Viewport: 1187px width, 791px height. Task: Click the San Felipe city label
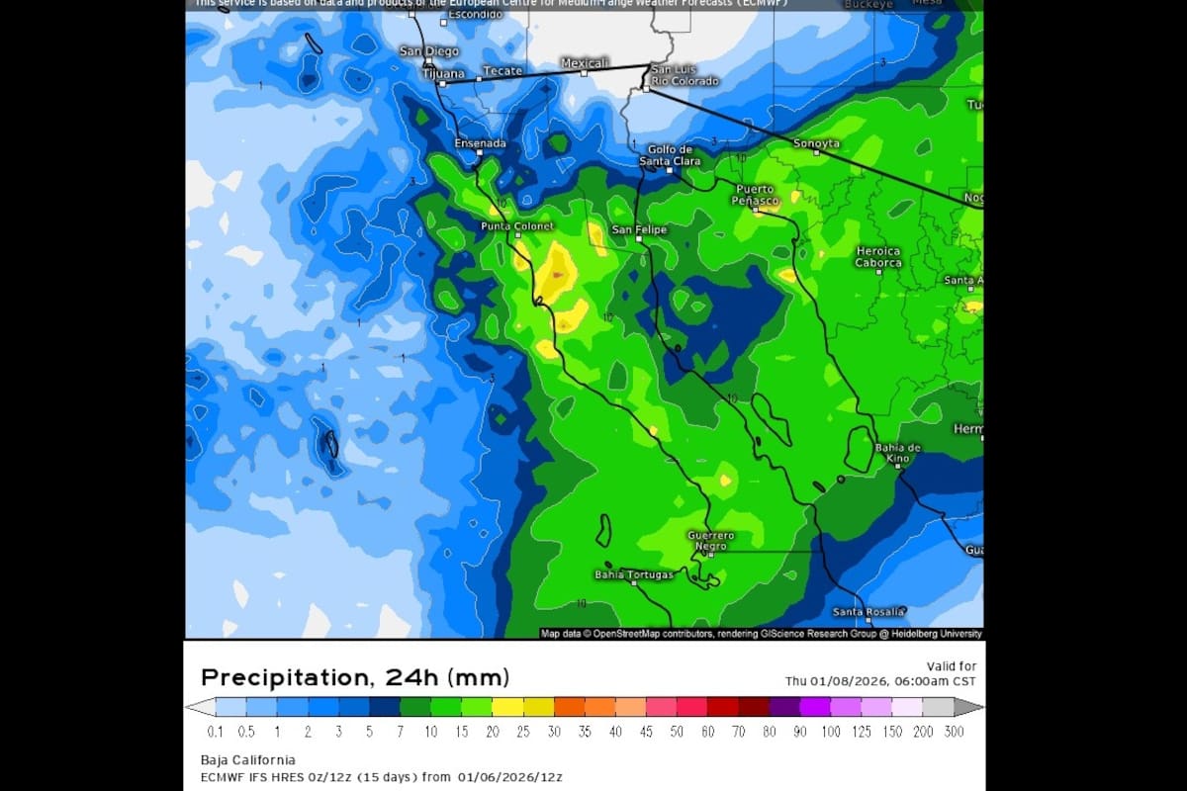(639, 229)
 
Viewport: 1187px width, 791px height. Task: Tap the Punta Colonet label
(516, 226)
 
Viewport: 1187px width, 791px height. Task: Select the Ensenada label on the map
(480, 143)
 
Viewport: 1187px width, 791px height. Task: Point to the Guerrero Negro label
(710, 541)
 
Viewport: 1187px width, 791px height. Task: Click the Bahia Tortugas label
(633, 574)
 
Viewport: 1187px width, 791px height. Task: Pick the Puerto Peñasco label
(757, 195)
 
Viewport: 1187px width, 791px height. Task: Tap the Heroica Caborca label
(878, 257)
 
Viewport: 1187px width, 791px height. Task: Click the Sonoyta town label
(816, 144)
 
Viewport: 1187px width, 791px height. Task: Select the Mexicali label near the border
(584, 62)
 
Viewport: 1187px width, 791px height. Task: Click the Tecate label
(501, 71)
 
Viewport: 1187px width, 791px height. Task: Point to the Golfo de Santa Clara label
(671, 155)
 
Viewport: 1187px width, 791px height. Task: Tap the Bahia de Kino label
(898, 454)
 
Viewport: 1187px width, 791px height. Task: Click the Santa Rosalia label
(867, 612)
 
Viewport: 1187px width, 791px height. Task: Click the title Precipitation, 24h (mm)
(355, 678)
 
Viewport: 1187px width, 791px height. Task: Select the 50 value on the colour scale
(677, 732)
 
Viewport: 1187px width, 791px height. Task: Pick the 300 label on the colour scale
(955, 732)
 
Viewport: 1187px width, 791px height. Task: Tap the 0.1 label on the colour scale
(216, 732)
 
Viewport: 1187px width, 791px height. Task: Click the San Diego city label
(428, 50)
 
